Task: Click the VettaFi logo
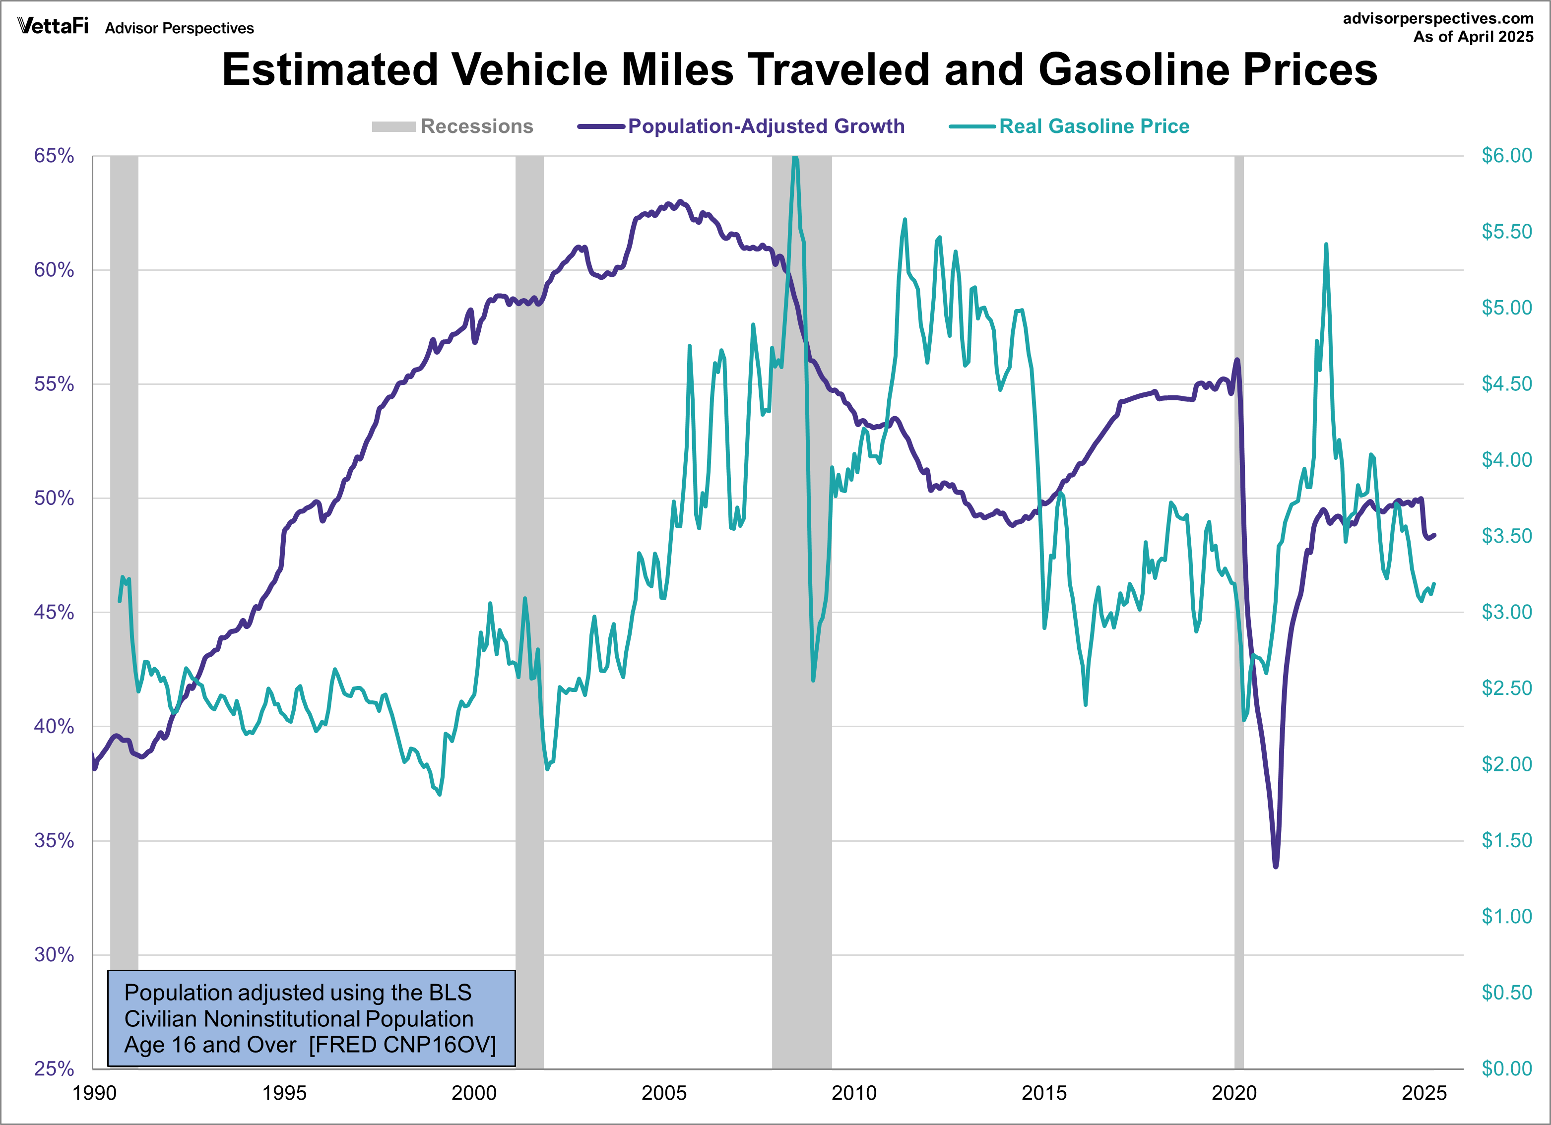[x=53, y=26]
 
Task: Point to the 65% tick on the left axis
[x=54, y=156]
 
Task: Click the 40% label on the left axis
[x=54, y=726]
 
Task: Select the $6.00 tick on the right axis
[x=1506, y=156]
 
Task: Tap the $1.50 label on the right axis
[x=1506, y=840]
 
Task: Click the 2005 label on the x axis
[x=663, y=1093]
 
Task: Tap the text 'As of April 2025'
[x=1473, y=37]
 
